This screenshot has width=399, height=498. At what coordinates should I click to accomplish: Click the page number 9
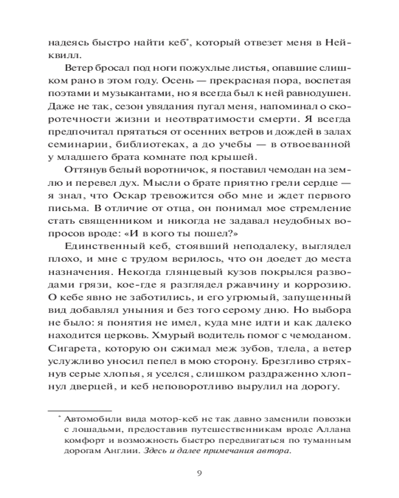(x=199, y=473)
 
